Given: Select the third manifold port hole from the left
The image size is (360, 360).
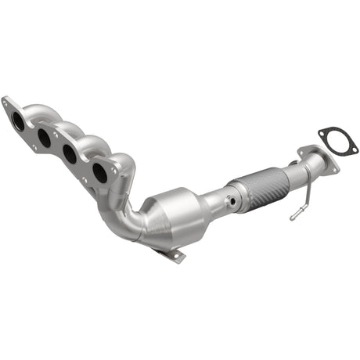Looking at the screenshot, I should pos(70,154).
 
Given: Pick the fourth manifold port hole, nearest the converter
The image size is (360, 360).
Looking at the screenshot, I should pos(99,172).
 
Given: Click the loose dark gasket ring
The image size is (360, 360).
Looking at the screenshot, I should pos(338,140).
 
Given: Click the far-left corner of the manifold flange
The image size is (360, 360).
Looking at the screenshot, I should pos(5,101).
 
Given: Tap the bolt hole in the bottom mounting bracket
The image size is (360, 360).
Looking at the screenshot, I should pos(175,255).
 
